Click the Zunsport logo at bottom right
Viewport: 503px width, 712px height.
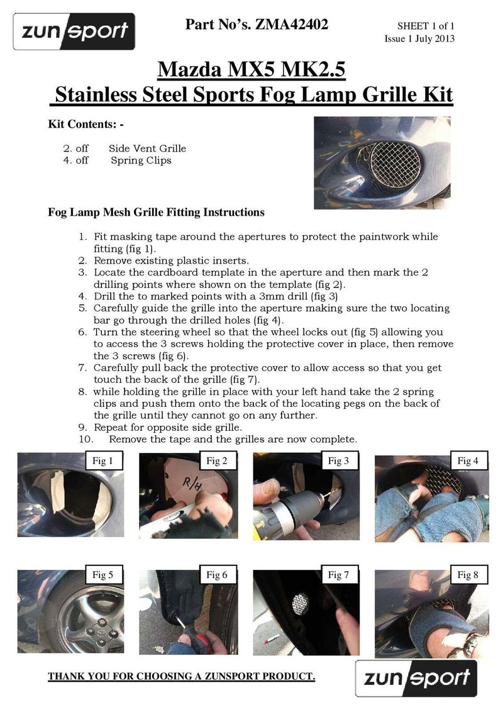click(x=416, y=678)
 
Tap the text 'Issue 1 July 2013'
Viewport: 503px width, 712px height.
click(x=419, y=38)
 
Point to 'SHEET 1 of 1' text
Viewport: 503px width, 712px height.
click(x=425, y=26)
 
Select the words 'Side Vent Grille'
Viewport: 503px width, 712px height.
click(x=147, y=148)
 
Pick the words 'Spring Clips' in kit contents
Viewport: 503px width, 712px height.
click(x=141, y=160)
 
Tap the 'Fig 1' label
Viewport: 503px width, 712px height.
click(x=103, y=461)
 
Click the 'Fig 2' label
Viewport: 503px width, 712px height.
click(x=218, y=461)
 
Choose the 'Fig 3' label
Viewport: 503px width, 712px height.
click(x=339, y=461)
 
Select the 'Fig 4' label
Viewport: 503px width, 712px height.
click(x=463, y=461)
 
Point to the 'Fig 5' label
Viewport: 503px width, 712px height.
click(x=103, y=574)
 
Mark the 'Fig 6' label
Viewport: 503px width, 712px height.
click(x=218, y=574)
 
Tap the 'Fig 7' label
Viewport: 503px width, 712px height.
click(x=339, y=574)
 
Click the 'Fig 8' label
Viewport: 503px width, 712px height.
click(x=463, y=574)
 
